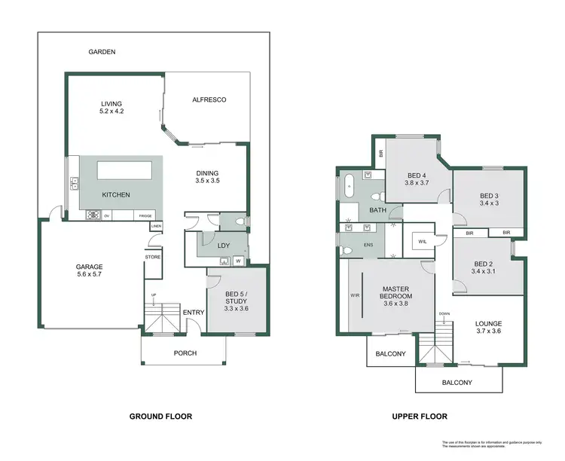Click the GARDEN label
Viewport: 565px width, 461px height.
102,52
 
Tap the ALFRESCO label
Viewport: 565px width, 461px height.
209,99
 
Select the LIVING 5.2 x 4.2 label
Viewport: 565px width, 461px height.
112,108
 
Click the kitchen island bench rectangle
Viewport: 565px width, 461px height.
121,171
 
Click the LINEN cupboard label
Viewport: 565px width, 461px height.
156,226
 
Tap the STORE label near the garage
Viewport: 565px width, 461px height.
153,257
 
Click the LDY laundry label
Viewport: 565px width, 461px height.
223,246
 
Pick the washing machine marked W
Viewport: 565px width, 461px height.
238,261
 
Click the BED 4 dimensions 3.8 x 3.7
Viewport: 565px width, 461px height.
417,182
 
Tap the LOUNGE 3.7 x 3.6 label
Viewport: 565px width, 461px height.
488,328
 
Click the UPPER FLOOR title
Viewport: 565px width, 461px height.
420,417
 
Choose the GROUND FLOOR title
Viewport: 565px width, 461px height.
160,417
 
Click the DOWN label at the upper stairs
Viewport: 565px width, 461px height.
444,315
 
